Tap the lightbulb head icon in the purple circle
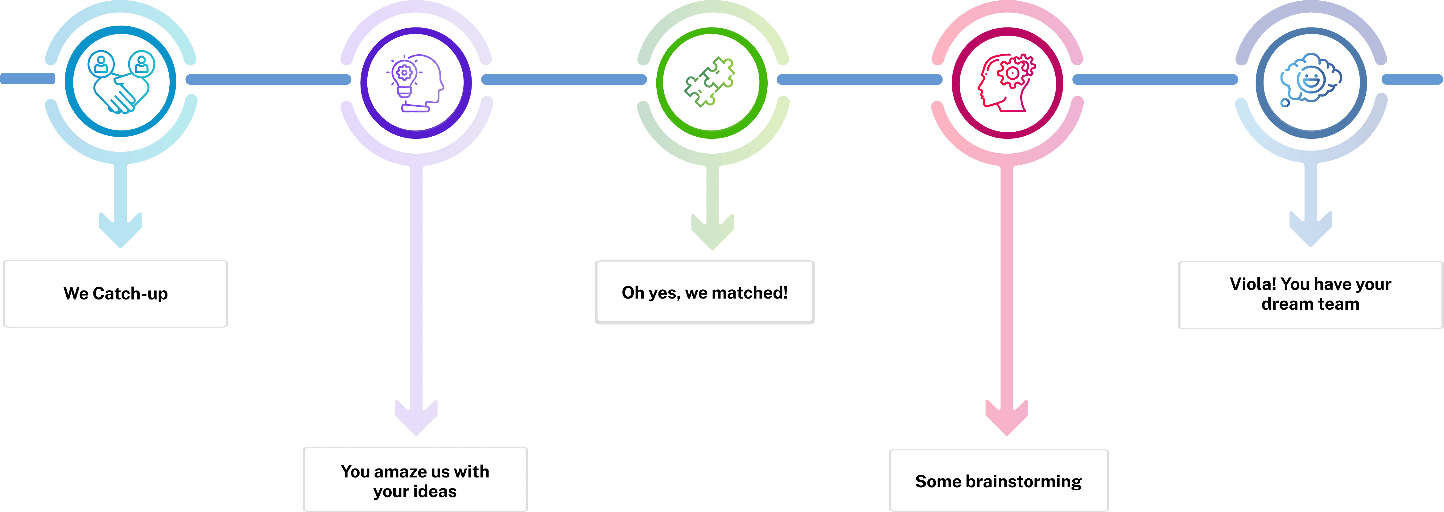416,83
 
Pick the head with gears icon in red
1007,83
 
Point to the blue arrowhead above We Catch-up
121,230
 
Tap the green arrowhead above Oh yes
712,232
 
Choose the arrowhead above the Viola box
1310,229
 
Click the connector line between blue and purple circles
268,80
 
